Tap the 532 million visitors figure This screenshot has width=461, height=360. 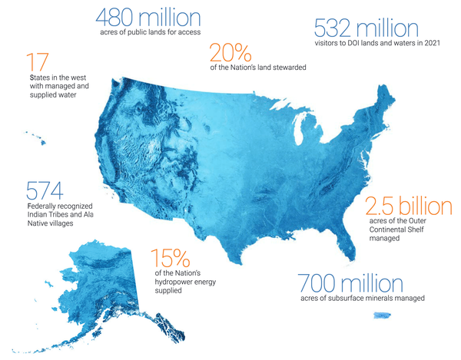pyautogui.click(x=366, y=28)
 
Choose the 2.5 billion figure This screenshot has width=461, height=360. pyautogui.click(x=407, y=206)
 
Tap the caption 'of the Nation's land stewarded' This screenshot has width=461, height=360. pyautogui.click(x=258, y=68)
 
